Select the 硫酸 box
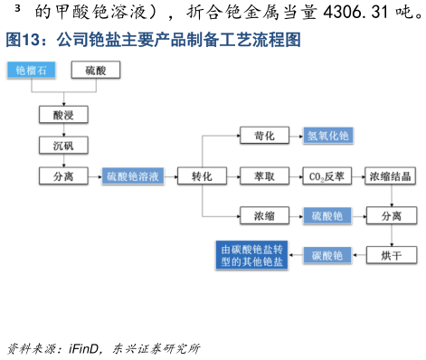[95, 70]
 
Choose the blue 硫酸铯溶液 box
[133, 176]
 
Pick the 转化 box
[201, 176]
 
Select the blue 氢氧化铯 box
[327, 136]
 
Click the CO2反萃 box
[327, 176]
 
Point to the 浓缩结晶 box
[390, 176]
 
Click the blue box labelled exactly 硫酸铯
[327, 215]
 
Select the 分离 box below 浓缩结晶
[390, 215]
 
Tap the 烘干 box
[390, 255]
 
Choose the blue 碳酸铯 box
[327, 255]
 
